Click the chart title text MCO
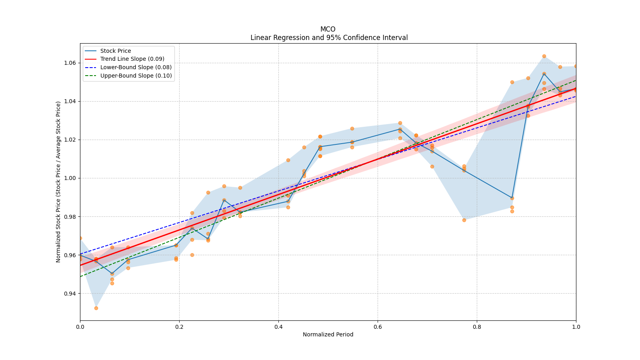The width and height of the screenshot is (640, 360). pyautogui.click(x=328, y=29)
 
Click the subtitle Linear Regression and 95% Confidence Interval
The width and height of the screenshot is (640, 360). pyautogui.click(x=329, y=38)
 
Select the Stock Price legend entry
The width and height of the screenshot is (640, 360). pyautogui.click(x=115, y=51)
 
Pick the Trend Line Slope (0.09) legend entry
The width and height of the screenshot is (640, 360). pyautogui.click(x=132, y=59)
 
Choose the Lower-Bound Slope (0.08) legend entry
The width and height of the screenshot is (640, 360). pyautogui.click(x=136, y=67)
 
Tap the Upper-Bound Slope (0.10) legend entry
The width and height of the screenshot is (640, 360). pyautogui.click(x=136, y=76)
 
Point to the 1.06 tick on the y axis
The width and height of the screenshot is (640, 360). pyautogui.click(x=70, y=63)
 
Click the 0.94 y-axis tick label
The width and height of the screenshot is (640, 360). pyautogui.click(x=70, y=294)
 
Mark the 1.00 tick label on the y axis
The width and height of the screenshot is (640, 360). pyautogui.click(x=70, y=178)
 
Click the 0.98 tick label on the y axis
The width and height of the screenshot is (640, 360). pyautogui.click(x=70, y=217)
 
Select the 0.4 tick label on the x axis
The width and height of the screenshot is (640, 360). pyautogui.click(x=278, y=327)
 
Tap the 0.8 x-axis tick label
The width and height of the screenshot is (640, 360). pyautogui.click(x=477, y=327)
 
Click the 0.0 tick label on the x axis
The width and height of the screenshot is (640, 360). pyautogui.click(x=80, y=327)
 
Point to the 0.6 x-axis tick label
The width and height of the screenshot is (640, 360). pyautogui.click(x=378, y=327)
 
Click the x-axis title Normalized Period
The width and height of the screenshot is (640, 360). pyautogui.click(x=328, y=334)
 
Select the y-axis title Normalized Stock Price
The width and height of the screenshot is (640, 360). pyautogui.click(x=58, y=182)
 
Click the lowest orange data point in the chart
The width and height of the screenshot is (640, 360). pyautogui.click(x=96, y=308)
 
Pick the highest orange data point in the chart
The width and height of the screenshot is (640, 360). pyautogui.click(x=544, y=56)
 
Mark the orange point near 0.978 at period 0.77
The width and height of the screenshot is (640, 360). pyautogui.click(x=464, y=220)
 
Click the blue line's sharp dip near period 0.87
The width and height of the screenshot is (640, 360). pyautogui.click(x=512, y=198)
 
